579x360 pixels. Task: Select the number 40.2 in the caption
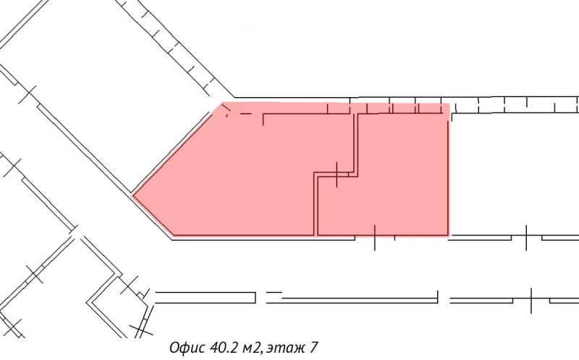coord(225,348)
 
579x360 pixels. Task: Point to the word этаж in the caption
coord(286,348)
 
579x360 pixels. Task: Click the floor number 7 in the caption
coord(313,348)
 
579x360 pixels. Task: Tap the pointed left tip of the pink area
coord(133,194)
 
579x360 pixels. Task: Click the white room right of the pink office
coord(514,174)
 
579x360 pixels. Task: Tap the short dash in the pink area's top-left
coord(245,114)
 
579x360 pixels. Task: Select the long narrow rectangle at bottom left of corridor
coord(206,297)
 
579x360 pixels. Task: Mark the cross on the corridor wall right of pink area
coord(526,237)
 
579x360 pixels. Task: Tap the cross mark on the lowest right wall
coord(531,298)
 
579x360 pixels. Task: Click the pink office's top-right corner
coord(449,104)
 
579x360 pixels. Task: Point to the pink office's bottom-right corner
coord(449,235)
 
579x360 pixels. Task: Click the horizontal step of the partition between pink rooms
coord(335,175)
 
